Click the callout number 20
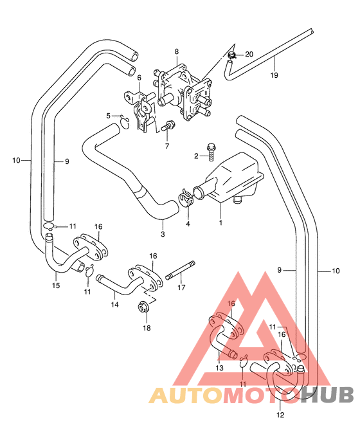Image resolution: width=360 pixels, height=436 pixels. pos(249,54)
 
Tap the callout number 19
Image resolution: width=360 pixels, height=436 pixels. pos(274,75)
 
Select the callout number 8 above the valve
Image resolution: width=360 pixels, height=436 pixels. pos(177,51)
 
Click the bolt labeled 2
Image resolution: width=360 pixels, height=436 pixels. pos(212,152)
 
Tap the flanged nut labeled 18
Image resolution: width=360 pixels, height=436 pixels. pos(144,307)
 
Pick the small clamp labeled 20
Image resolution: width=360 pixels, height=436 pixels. pos(231,55)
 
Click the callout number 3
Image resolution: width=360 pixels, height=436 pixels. pos(163,234)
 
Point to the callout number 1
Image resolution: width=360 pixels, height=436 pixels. pos(221,223)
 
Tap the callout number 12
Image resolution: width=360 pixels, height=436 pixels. pos(280,415)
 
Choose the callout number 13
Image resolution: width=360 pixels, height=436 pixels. pos(219,368)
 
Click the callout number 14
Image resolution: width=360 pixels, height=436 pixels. pos(115,304)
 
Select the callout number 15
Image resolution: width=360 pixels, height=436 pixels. pos(56,286)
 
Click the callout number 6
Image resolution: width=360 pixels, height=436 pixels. pos(139,78)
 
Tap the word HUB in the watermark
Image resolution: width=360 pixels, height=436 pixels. pos(327,395)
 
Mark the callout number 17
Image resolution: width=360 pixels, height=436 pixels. pos(181,287)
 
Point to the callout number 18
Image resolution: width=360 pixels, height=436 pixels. pos(147,328)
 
